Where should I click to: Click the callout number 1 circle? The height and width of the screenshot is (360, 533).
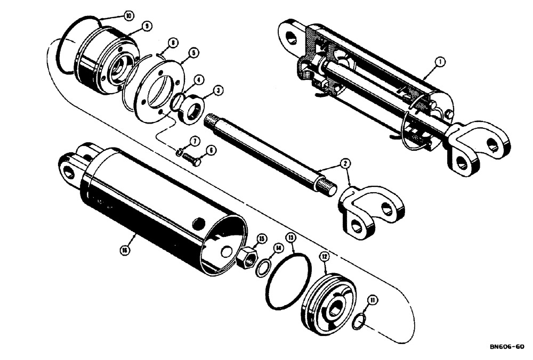tap(440, 62)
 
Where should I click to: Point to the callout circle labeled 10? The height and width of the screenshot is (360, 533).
tap(128, 16)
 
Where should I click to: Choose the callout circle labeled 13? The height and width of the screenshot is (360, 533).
tap(290, 236)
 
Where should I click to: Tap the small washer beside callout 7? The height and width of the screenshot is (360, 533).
tap(179, 154)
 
